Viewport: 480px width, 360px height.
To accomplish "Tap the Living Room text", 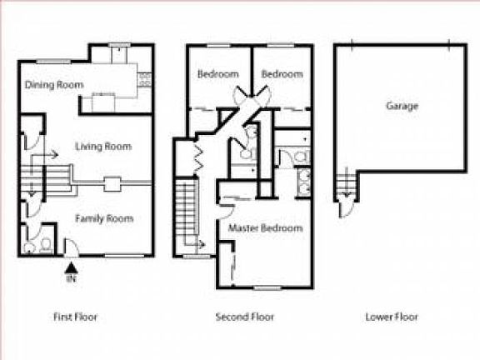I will (x=103, y=147).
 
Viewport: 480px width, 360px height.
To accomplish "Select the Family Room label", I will (x=104, y=218).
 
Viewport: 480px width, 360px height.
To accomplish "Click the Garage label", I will (x=402, y=106).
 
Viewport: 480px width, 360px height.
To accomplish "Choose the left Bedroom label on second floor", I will (x=217, y=74).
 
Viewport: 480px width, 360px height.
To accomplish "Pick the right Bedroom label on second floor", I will (x=282, y=74).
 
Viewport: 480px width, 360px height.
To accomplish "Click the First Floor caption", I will (x=75, y=317).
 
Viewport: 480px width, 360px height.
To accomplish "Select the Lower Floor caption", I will (x=392, y=317).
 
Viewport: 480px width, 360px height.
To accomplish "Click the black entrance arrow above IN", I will (x=72, y=267).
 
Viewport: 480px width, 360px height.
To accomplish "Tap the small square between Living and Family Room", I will (x=111, y=184).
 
